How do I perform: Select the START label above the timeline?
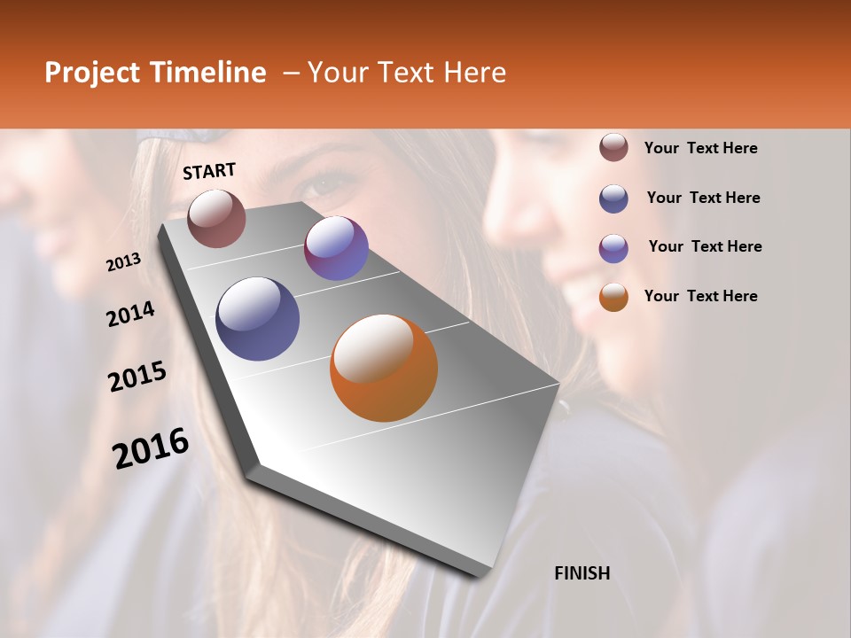tap(209, 171)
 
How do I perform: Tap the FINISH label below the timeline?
tap(582, 573)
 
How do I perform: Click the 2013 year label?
tap(123, 262)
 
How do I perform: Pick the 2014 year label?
tap(130, 314)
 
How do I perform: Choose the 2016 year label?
tap(151, 447)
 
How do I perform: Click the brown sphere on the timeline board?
tap(216, 218)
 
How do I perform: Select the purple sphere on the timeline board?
tap(336, 248)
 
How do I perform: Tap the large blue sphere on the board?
tap(257, 319)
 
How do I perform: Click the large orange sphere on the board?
tap(384, 368)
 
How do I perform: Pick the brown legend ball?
tap(613, 147)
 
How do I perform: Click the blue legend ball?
tap(613, 198)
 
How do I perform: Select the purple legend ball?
tap(613, 248)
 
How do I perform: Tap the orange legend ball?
tap(613, 297)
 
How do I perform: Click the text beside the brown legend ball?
tap(701, 148)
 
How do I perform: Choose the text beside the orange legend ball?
tap(701, 296)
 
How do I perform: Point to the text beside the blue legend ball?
tap(704, 198)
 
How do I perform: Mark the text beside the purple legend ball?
tap(706, 246)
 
